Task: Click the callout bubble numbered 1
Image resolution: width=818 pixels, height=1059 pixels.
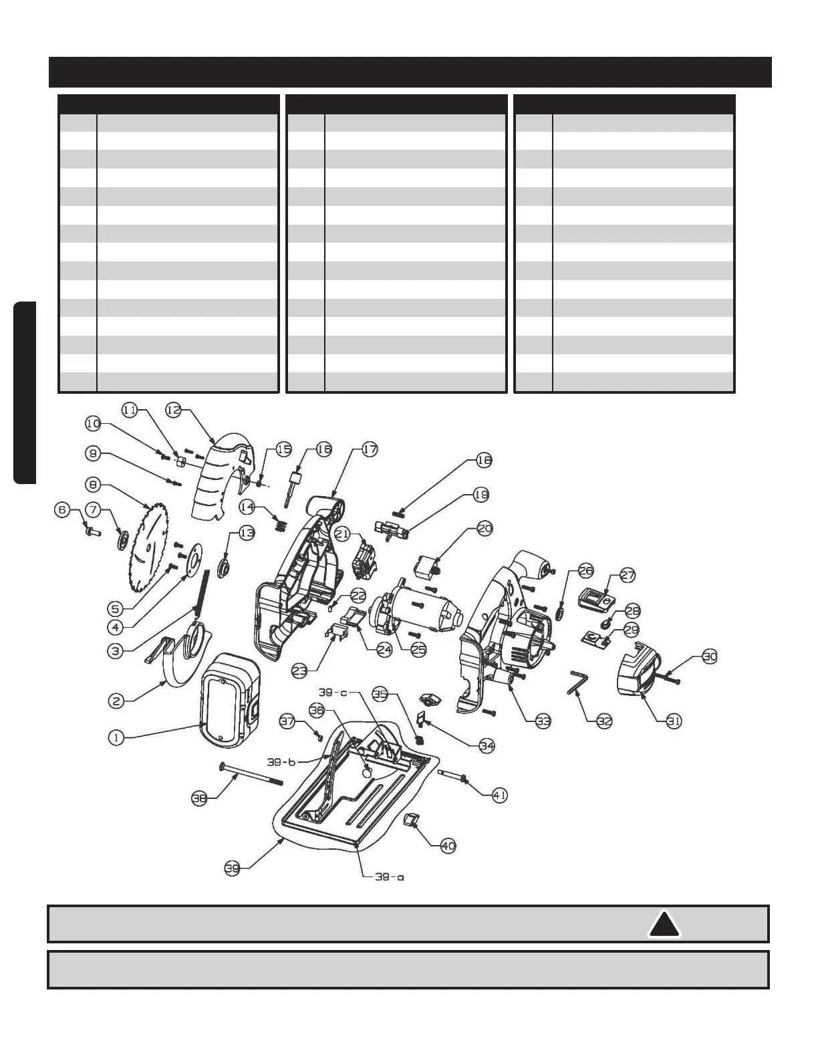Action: pos(116,737)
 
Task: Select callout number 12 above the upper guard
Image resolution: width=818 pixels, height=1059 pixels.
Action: pos(173,410)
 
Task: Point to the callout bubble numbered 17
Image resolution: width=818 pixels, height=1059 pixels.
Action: pos(370,449)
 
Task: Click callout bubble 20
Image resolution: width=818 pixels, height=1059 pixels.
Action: pos(485,529)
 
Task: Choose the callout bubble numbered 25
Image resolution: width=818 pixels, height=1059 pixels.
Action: pos(418,649)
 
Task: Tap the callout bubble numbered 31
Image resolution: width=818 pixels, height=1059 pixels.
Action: pos(674,721)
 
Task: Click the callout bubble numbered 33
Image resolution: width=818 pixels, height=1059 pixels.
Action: pos(543,721)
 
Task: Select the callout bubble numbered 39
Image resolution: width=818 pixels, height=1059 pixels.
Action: pos(231,868)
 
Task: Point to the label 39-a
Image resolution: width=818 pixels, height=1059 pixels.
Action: pos(388,876)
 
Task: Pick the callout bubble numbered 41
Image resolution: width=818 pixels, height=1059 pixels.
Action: pos(499,795)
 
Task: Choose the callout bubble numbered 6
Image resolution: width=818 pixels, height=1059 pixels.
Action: pos(62,509)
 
